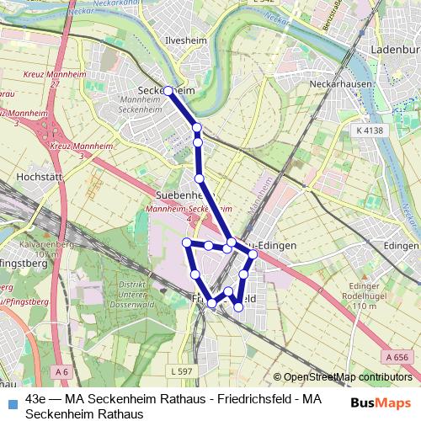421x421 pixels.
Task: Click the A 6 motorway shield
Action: (60, 371)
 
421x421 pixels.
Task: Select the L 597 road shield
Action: (181, 371)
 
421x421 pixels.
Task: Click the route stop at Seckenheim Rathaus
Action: (168, 90)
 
